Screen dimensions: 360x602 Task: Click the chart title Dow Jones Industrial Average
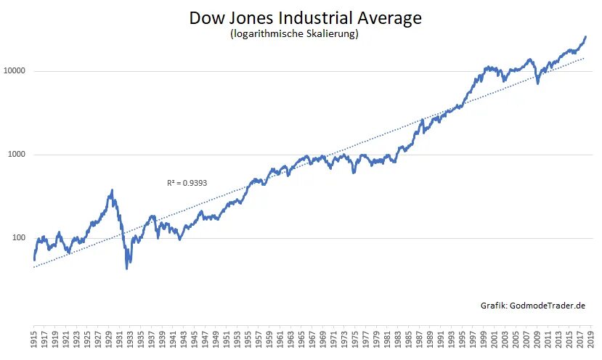pos(305,18)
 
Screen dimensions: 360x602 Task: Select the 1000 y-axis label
pos(15,155)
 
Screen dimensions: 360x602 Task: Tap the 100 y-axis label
pos(17,238)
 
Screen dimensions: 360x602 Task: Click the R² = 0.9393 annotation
pos(187,183)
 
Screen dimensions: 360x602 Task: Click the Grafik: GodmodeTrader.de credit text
pos(533,306)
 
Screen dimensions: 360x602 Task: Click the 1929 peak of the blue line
pos(111,190)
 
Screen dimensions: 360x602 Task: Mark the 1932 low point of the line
pos(127,269)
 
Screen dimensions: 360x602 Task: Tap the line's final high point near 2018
pos(585,37)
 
